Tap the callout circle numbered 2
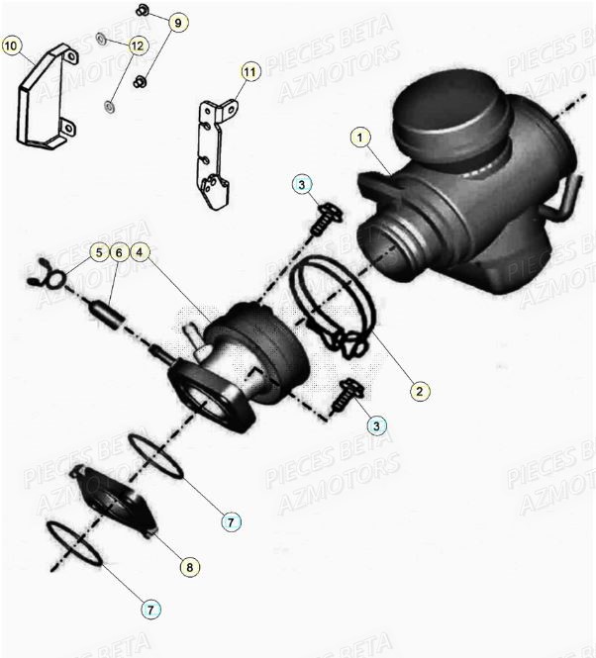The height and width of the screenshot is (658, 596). pyautogui.click(x=419, y=392)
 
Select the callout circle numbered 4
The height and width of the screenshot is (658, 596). pyautogui.click(x=142, y=252)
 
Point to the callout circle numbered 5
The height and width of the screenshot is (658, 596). pyautogui.click(x=98, y=252)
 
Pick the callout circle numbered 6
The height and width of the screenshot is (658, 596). pyautogui.click(x=120, y=252)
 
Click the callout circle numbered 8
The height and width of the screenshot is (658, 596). pyautogui.click(x=188, y=567)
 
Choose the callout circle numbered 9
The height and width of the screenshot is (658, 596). pyautogui.click(x=177, y=22)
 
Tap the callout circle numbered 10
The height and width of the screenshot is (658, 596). pyautogui.click(x=11, y=46)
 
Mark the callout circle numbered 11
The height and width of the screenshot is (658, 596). pyautogui.click(x=248, y=71)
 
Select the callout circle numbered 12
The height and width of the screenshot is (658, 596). pyautogui.click(x=137, y=46)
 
